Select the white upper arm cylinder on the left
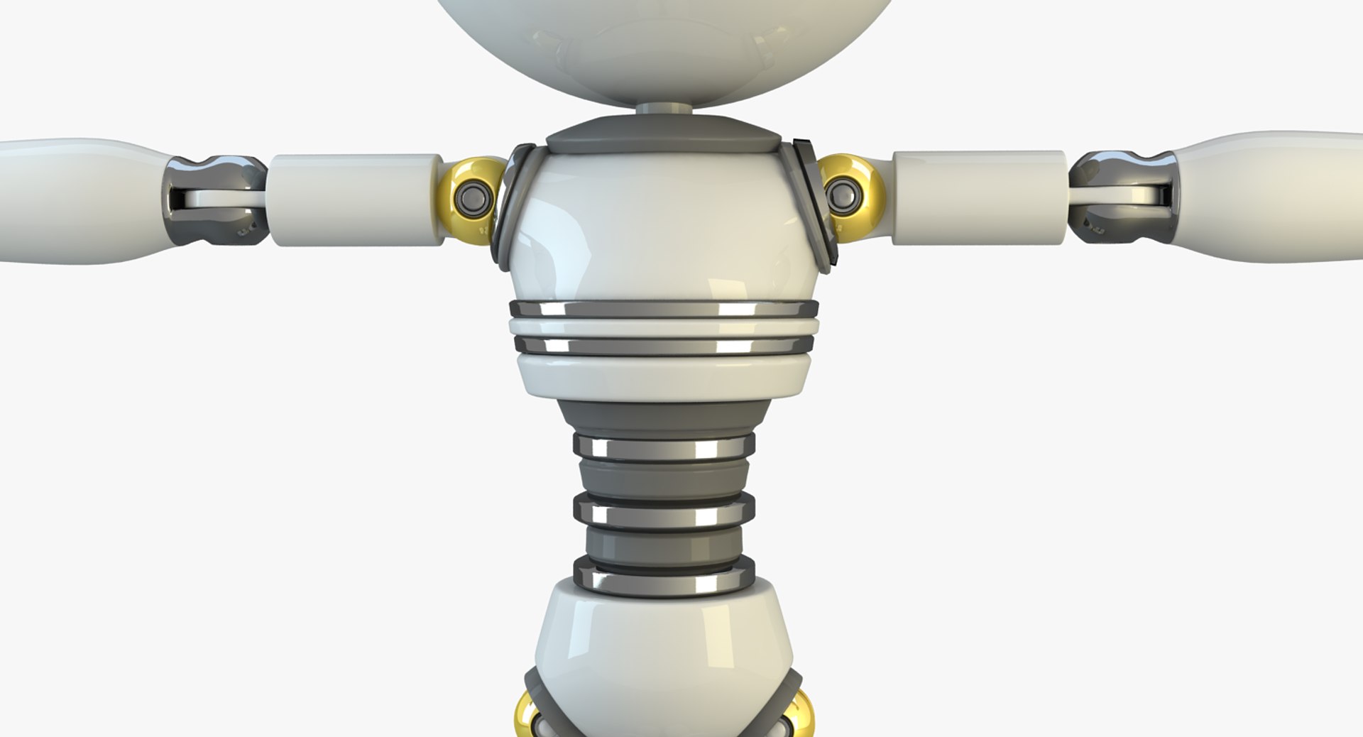click(355, 200)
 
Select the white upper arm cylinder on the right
click(978, 197)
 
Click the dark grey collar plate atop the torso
click(664, 138)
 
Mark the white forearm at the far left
click(78, 200)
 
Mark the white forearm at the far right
click(1271, 195)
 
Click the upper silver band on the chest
click(664, 310)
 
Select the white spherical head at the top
click(664, 43)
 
